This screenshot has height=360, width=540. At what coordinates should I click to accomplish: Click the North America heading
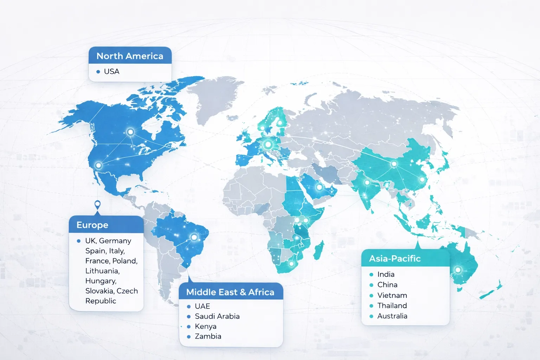pos(130,56)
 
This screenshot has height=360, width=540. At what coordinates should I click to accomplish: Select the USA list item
pos(111,71)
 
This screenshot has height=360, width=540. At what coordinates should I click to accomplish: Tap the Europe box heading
pos(92,225)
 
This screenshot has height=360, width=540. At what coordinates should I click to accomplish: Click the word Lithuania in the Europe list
pos(102,271)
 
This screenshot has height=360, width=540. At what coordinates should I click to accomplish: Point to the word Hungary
pos(101,281)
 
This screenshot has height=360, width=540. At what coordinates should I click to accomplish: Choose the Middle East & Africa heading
pos(230,292)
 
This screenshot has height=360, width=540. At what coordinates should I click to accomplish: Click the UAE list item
pos(202,306)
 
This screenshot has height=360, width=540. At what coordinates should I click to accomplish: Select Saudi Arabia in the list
pos(217,316)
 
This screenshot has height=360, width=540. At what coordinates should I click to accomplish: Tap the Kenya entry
pos(205,327)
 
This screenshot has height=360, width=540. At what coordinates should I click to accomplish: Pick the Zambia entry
pos(208,336)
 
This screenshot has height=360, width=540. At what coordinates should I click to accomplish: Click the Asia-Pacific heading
pos(395,259)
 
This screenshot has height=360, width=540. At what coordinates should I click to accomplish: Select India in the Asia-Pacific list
pos(386,274)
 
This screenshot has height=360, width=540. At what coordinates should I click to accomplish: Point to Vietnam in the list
pos(392,295)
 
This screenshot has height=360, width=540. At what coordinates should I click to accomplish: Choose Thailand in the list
pos(392,306)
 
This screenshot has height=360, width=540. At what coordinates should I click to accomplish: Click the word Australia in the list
pos(392,316)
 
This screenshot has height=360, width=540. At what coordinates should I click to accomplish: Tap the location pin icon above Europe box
pos(97,204)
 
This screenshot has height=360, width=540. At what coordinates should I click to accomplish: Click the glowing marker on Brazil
pos(194,237)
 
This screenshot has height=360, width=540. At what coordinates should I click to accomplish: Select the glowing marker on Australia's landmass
pos(458,270)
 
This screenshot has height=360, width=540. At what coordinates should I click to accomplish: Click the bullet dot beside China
pos(371,285)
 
